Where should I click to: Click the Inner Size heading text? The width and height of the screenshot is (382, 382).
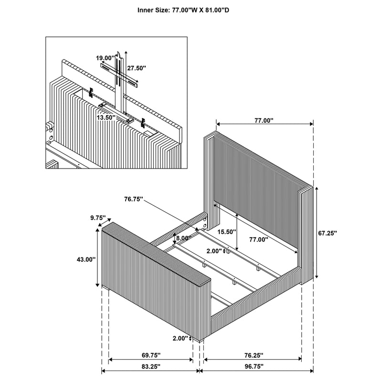(191, 9)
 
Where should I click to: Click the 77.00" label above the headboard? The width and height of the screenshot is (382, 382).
(264, 121)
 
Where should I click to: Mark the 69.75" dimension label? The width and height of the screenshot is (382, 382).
(151, 355)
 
